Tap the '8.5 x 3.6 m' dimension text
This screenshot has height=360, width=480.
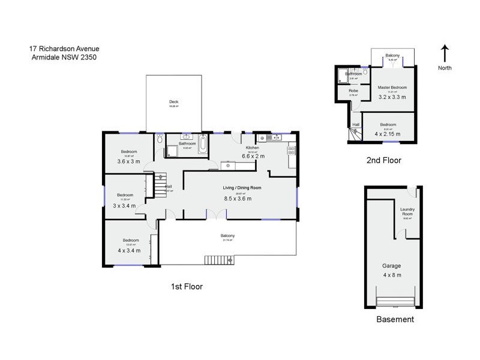pos(238,198)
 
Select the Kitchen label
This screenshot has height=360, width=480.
pos(252,148)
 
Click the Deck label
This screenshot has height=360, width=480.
pos(173,101)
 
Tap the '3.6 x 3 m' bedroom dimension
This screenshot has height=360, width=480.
pos(128,161)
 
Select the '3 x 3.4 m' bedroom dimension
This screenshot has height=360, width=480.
pos(125,205)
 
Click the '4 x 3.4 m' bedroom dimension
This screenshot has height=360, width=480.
pos(128,250)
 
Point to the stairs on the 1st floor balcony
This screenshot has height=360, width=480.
pos(219,260)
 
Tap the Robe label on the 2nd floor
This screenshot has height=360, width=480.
pos(353,91)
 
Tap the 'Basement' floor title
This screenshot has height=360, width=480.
pos(395,319)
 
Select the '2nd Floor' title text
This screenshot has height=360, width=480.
pos(383,160)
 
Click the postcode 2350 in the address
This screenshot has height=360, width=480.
pos(87,57)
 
